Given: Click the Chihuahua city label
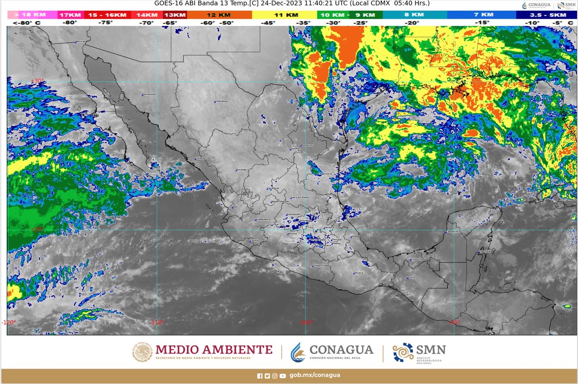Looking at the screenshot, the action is (221, 101).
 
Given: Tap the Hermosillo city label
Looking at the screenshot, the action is (149, 94).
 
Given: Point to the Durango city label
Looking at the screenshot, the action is (241, 169).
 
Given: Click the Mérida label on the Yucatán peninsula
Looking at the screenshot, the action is (464, 215).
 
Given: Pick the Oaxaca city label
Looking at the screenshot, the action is (359, 273).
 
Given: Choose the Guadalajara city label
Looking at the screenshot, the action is (263, 219).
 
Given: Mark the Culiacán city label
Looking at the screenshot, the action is (200, 158).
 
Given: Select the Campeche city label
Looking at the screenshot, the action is (452, 231).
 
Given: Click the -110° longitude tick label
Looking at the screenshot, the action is (157, 322).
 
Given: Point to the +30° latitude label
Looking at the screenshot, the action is (37, 81).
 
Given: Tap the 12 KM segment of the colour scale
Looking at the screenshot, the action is (219, 15).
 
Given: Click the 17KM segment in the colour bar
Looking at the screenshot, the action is (70, 15).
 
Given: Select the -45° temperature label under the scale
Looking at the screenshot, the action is (268, 23).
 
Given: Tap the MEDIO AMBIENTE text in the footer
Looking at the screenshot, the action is (214, 350).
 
